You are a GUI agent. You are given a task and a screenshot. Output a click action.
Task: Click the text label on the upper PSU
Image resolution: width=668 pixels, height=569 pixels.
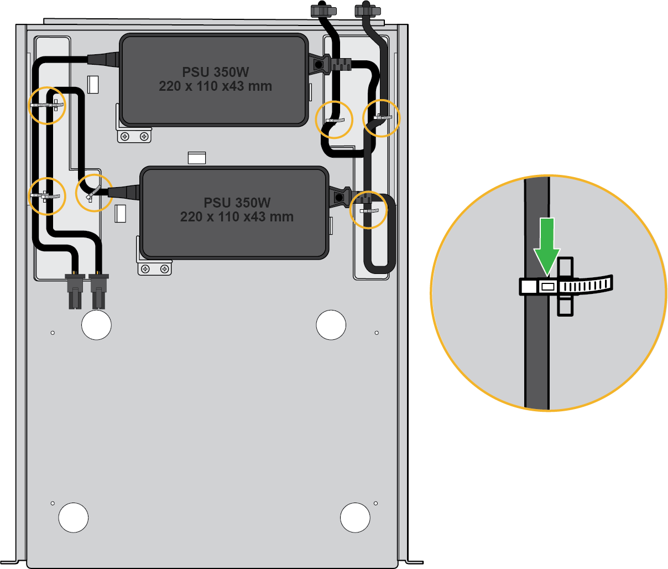pos(215,79)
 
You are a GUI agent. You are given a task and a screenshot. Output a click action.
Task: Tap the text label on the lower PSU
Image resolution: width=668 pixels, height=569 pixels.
pos(237,210)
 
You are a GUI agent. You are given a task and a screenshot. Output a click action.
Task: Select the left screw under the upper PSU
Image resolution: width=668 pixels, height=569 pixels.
pos(126,136)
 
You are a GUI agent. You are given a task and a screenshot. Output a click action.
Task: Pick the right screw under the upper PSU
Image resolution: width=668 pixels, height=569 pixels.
pos(144,136)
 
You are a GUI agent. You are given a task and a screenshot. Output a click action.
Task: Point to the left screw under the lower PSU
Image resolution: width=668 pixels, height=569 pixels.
pos(145,268)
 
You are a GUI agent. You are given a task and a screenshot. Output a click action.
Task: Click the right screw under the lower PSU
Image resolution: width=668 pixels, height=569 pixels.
pos(165,268)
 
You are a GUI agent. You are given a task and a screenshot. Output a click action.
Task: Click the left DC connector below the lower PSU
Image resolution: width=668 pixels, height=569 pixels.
pos(75,291)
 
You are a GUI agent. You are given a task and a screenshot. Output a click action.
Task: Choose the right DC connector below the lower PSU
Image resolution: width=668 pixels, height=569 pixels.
pos(98,291)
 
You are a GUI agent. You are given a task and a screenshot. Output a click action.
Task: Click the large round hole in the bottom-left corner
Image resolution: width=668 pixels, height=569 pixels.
pos(73,518)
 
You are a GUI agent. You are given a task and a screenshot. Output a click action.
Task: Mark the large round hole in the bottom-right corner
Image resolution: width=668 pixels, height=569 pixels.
pos(355,518)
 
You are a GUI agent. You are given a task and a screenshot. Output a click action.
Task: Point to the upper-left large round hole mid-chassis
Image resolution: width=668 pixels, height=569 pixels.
pos(96,325)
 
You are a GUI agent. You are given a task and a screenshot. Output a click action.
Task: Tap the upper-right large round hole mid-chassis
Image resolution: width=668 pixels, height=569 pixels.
pos(331,325)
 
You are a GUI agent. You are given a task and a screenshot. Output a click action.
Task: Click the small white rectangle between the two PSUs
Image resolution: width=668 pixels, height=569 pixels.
pos(197,158)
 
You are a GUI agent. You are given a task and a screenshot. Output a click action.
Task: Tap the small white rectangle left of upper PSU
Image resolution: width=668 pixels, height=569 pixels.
pos(93,84)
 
